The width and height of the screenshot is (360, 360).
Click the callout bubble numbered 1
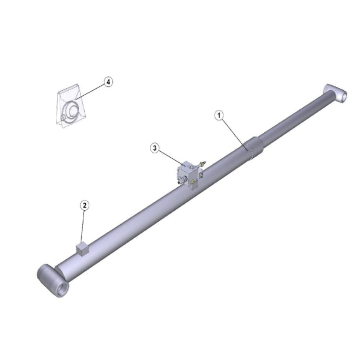click(x=219, y=115)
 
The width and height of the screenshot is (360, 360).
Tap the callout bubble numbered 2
click(x=85, y=205)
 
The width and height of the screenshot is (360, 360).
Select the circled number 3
click(x=155, y=148)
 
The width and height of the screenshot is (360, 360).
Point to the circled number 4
click(x=108, y=82)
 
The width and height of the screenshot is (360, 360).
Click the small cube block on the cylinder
click(x=82, y=249)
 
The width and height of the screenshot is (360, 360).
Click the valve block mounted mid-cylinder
click(x=190, y=175)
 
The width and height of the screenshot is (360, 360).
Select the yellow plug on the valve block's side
click(x=192, y=182)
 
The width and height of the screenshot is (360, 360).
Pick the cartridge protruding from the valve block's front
click(x=182, y=180)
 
